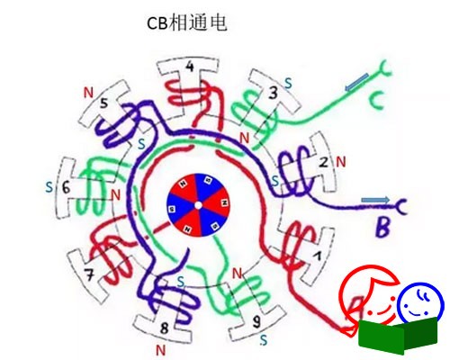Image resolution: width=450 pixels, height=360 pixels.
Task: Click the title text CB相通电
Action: tap(186, 22)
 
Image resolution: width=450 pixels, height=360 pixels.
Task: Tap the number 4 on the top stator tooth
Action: tap(190, 67)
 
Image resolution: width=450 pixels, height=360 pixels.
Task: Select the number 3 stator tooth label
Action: tap(273, 93)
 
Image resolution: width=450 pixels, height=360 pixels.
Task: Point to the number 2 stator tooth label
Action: tap(324, 162)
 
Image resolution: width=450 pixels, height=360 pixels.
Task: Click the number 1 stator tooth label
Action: tap(317, 256)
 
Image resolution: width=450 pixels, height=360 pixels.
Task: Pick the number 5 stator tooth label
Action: tap(103, 103)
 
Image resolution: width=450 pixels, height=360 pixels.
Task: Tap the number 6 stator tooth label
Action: tap(66, 188)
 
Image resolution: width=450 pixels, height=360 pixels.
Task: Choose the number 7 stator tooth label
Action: tap(90, 275)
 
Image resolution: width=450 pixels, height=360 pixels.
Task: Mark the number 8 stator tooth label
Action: tap(164, 328)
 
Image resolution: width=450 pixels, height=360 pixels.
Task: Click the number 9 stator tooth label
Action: tap(256, 322)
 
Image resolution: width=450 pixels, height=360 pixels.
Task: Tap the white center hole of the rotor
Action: tap(198, 205)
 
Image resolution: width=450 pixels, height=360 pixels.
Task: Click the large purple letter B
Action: tap(383, 228)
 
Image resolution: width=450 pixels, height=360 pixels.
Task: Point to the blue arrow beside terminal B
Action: tap(375, 200)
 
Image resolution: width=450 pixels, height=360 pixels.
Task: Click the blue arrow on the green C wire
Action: tap(356, 82)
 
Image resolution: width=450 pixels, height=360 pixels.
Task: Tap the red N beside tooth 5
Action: tap(88, 93)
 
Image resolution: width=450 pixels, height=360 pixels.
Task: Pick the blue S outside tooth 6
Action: tap(49, 187)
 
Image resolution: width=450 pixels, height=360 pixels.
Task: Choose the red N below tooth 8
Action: tap(161, 350)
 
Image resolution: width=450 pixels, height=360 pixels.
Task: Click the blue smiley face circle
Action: tap(420, 303)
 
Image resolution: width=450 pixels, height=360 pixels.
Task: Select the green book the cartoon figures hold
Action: tap(398, 334)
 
